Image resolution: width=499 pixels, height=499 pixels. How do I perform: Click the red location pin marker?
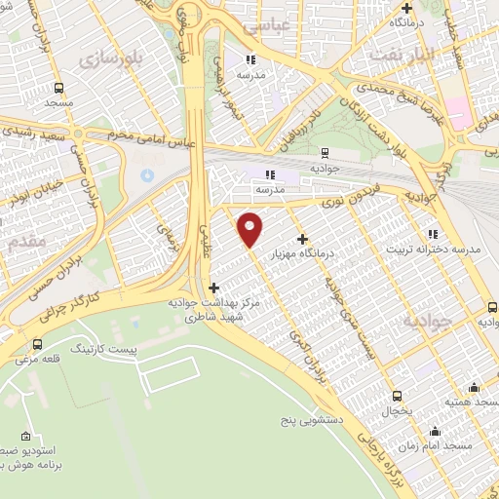[250, 228]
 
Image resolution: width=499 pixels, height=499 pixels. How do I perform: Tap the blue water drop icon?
[147, 174]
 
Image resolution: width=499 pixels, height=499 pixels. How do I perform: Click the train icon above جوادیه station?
[325, 152]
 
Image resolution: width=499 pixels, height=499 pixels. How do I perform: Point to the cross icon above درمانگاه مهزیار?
[303, 238]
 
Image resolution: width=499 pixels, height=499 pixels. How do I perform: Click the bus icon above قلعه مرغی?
[37, 344]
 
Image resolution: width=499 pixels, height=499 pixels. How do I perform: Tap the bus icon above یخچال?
[397, 396]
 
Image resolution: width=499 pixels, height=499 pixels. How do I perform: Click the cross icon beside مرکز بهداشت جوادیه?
[214, 288]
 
